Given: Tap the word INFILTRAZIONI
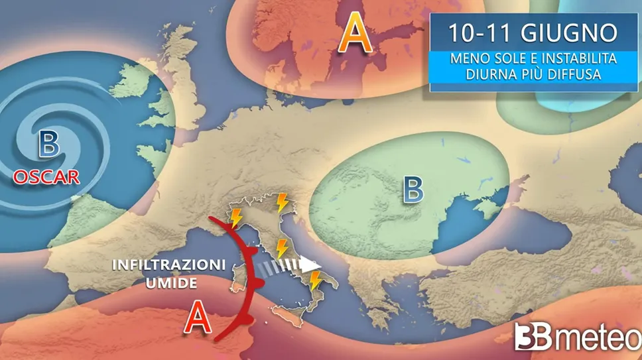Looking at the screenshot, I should coord(169,265).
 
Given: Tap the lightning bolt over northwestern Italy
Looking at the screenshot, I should coord(235,217).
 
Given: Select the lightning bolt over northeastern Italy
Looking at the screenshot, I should coord(282,202).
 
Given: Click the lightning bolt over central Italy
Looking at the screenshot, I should coord(282,249).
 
